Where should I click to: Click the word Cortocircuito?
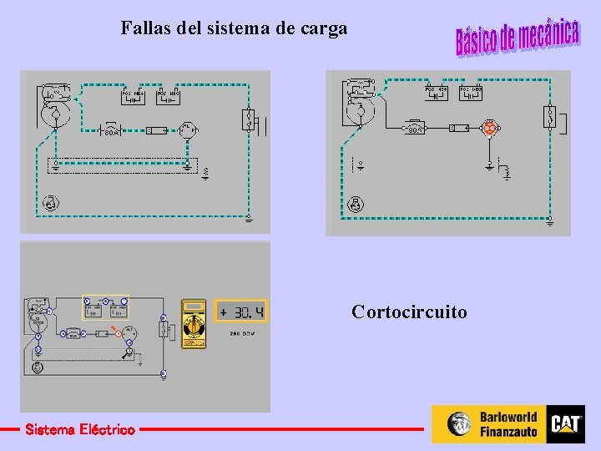click(x=409, y=312)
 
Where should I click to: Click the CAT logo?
click(x=565, y=424)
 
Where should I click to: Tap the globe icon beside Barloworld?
click(x=459, y=424)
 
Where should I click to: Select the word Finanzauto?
click(x=508, y=432)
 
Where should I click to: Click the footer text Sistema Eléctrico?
click(x=79, y=429)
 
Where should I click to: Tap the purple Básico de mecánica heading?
click(x=517, y=37)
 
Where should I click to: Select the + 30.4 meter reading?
click(x=240, y=312)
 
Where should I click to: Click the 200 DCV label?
click(x=242, y=333)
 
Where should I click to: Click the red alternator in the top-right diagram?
click(x=489, y=129)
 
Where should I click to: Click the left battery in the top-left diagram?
click(x=134, y=94)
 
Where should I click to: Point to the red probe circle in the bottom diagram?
click(x=119, y=334)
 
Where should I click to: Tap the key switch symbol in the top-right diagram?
click(x=356, y=204)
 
